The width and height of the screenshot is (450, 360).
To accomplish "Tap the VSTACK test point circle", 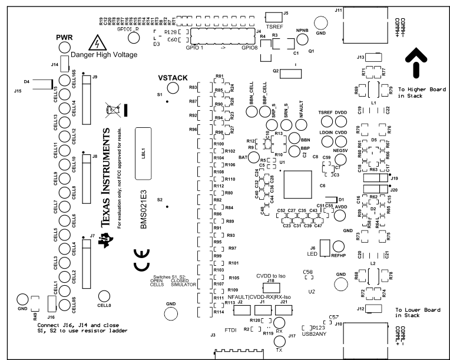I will tap(173, 88).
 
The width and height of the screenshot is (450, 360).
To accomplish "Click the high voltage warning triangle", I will tap(93, 43).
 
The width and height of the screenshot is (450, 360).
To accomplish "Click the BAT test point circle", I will tap(254, 157).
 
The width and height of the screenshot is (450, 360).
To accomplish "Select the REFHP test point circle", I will tap(339, 246).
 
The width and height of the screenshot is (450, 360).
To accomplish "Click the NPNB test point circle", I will tap(302, 39).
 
